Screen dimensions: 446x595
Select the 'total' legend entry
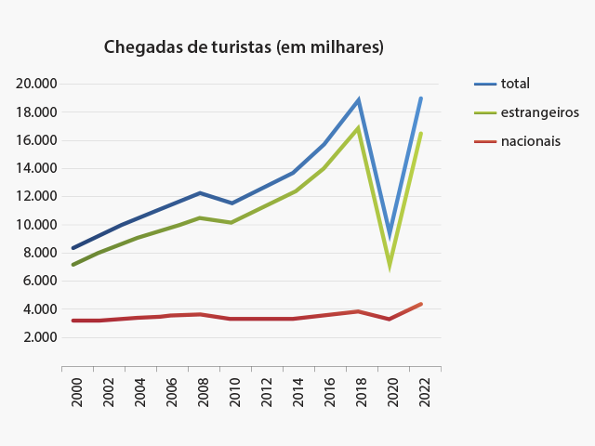[515, 84]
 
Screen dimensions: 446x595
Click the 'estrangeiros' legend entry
[539, 112]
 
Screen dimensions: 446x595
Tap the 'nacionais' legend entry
[530, 141]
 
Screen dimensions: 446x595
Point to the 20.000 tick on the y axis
[37, 84]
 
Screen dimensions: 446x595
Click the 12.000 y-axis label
[37, 196]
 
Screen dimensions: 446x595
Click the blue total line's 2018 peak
[358, 99]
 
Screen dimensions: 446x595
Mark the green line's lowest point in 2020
[390, 265]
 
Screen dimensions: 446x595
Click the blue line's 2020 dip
[390, 236]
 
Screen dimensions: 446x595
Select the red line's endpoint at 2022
[421, 304]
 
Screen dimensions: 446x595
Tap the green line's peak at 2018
[358, 128]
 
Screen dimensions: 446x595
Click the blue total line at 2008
[200, 193]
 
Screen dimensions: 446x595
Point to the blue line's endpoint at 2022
[421, 98]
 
